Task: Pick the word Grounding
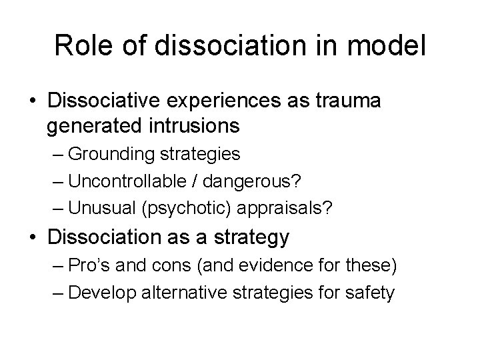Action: pyautogui.click(x=112, y=155)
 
